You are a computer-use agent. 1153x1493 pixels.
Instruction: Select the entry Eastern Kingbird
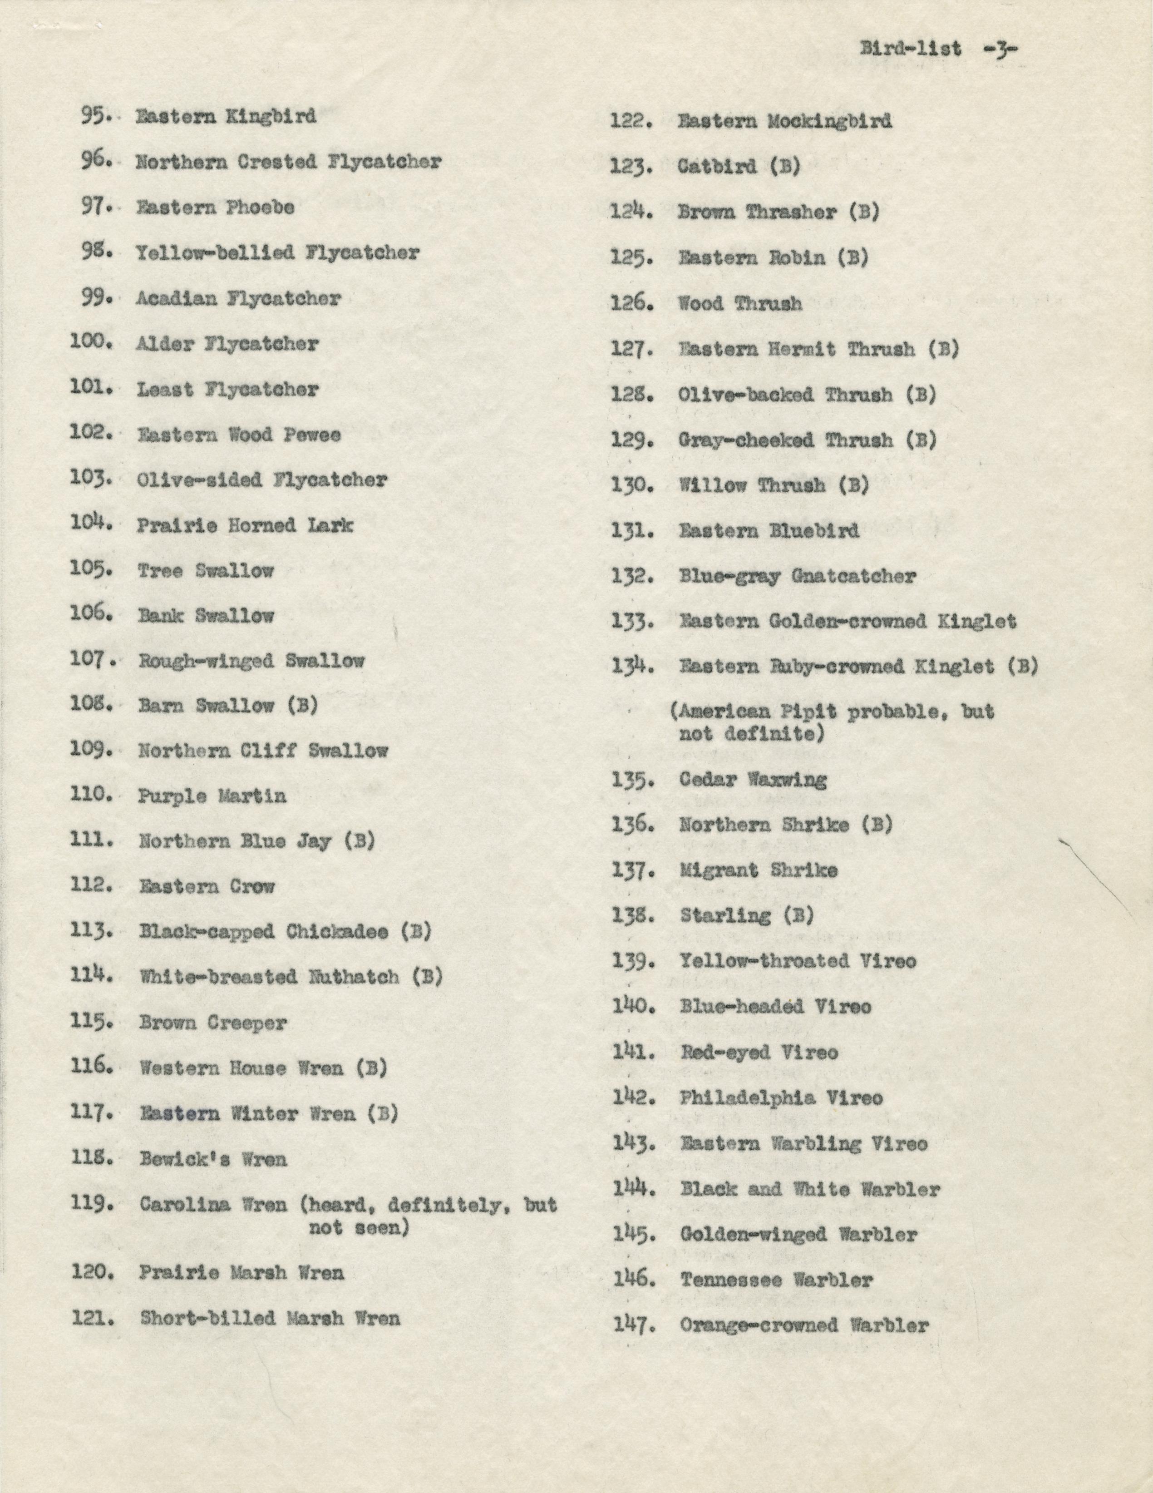click(226, 116)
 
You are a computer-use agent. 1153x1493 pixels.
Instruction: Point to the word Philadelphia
click(747, 1098)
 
